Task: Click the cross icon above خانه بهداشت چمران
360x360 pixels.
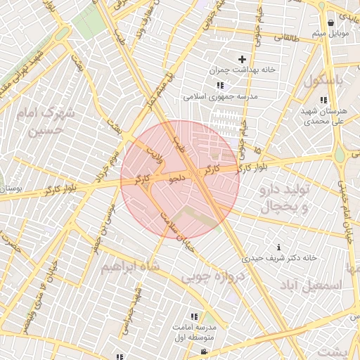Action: point(243,59)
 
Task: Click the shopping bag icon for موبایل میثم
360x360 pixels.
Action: point(330,23)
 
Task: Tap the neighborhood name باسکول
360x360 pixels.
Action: point(326,81)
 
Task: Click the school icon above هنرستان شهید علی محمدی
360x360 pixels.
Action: point(323,101)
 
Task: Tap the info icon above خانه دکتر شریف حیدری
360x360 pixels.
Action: point(280,247)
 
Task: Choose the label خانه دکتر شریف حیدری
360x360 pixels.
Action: point(280,258)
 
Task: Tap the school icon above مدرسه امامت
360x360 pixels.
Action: point(193,316)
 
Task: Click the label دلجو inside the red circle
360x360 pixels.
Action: point(178,179)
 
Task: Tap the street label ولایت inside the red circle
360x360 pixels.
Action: point(154,154)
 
